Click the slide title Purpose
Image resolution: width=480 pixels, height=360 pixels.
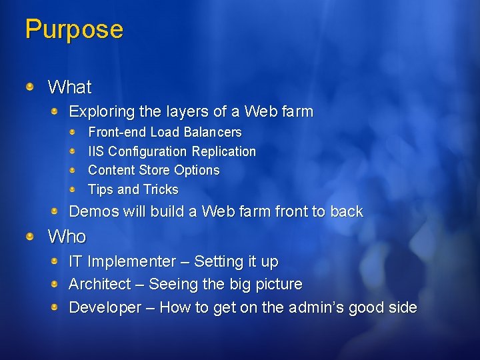(74, 30)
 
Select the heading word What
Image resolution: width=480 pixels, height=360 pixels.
(70, 87)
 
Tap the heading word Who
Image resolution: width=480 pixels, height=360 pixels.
(67, 237)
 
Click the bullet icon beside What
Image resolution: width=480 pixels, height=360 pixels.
(31, 86)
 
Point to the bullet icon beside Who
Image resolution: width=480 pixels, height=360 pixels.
(31, 236)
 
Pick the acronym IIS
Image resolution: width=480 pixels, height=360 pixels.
(96, 151)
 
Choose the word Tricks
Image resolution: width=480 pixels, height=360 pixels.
(161, 189)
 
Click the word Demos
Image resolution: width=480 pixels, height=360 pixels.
(92, 211)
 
